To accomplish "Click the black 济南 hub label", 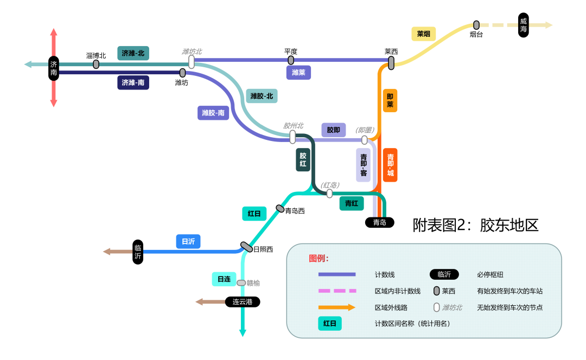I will pos(53,68).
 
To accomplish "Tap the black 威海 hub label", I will pos(523,25).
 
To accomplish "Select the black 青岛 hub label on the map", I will pos(379,222).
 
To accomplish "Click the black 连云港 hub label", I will pos(243,302).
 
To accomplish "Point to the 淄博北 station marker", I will pos(96,64).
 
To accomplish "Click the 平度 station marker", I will pos(291,60).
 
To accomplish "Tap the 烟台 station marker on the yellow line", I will pos(476,25).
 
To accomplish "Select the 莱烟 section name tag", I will pos(423,34).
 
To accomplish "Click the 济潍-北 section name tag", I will pos(133,53).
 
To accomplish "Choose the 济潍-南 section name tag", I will pos(133,82).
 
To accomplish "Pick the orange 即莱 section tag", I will pos(390,100).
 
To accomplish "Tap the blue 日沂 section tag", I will pos(188,242).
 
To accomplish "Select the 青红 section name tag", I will pos(352,203).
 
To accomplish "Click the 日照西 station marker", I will pos(246,247).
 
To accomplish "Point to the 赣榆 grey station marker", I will pos(241,282).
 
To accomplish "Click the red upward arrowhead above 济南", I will pos(53,33).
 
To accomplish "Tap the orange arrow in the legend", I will pos(336,307).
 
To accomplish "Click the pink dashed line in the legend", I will pos(336,291).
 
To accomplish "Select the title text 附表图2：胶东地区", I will pos(475,225).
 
